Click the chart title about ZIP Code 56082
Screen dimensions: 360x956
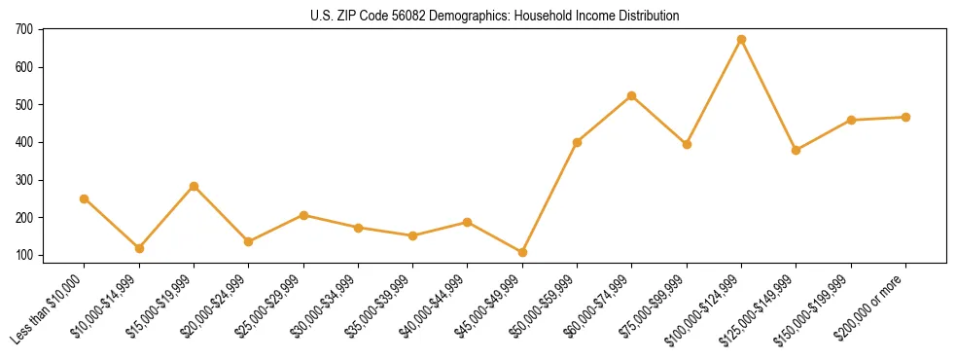tap(478, 16)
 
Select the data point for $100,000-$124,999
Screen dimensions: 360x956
tap(742, 40)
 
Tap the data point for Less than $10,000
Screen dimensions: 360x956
tap(85, 198)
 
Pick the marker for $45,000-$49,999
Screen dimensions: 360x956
tap(523, 252)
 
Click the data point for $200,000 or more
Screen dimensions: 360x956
tap(906, 117)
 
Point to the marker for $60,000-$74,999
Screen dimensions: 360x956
tap(632, 95)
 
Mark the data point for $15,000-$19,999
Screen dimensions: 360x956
tap(195, 186)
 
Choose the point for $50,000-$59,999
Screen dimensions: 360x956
tap(578, 142)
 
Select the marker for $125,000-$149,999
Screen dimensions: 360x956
tap(797, 150)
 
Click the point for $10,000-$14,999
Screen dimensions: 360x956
tap(139, 248)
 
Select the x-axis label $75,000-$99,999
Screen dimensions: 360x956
tap(655, 302)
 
